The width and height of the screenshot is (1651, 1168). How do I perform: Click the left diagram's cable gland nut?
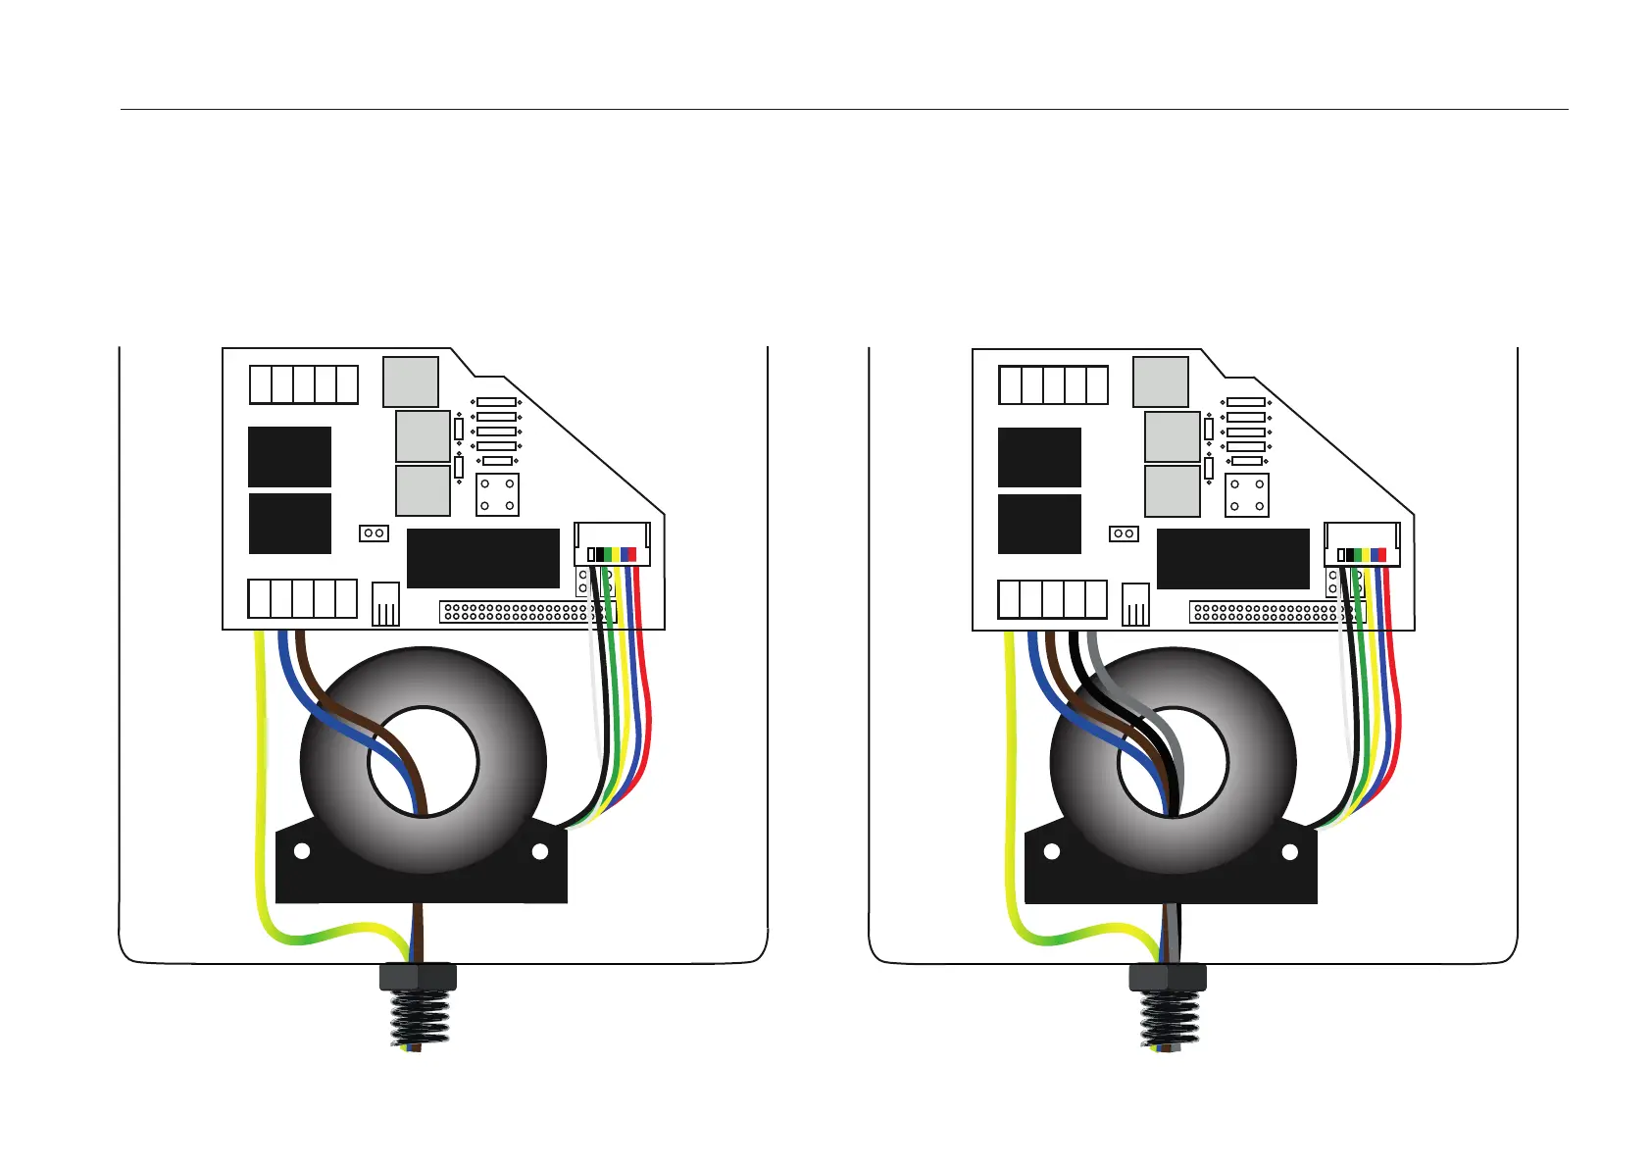418,977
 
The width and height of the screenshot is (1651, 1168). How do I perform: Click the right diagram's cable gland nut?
1168,977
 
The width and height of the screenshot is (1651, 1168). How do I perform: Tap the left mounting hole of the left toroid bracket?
302,851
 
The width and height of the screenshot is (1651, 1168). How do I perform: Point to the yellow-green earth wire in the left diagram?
260,785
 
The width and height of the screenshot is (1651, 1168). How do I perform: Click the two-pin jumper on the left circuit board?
374,533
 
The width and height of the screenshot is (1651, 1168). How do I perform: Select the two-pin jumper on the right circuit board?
1124,533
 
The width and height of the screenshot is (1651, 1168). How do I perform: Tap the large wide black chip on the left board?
482,558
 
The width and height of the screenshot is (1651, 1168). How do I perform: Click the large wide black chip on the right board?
1232,558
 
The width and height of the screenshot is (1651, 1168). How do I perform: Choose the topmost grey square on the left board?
410,381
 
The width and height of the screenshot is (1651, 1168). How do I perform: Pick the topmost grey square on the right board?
1160,381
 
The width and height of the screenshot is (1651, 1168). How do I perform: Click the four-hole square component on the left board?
497,494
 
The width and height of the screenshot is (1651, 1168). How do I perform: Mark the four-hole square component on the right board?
1247,494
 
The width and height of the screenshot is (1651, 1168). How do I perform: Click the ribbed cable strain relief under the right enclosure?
1168,1020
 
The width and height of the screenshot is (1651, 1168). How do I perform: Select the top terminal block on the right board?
1053,384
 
